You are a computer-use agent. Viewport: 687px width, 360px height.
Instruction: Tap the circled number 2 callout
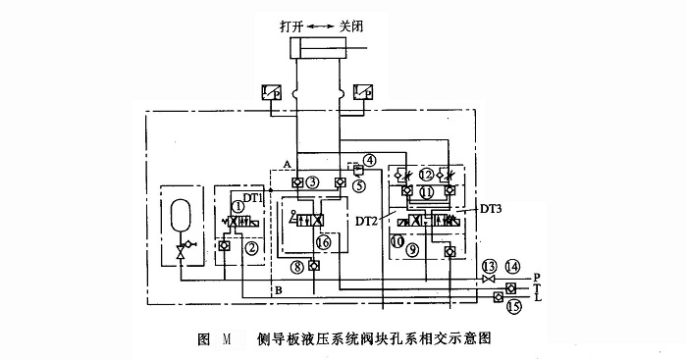[x=251, y=248]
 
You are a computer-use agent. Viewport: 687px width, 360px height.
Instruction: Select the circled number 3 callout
[x=313, y=181]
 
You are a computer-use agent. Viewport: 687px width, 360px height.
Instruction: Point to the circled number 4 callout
[x=369, y=160]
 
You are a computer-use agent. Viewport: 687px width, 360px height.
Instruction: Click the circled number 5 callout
[x=360, y=183]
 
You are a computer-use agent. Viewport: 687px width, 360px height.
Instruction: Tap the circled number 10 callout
[x=396, y=239]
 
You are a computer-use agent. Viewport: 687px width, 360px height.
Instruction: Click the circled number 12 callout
[x=425, y=173]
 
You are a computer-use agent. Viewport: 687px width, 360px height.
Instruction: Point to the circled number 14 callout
[x=511, y=266]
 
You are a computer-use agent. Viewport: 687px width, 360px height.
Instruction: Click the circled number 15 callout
[x=512, y=305]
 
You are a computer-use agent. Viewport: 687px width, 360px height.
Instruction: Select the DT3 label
[x=495, y=209]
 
